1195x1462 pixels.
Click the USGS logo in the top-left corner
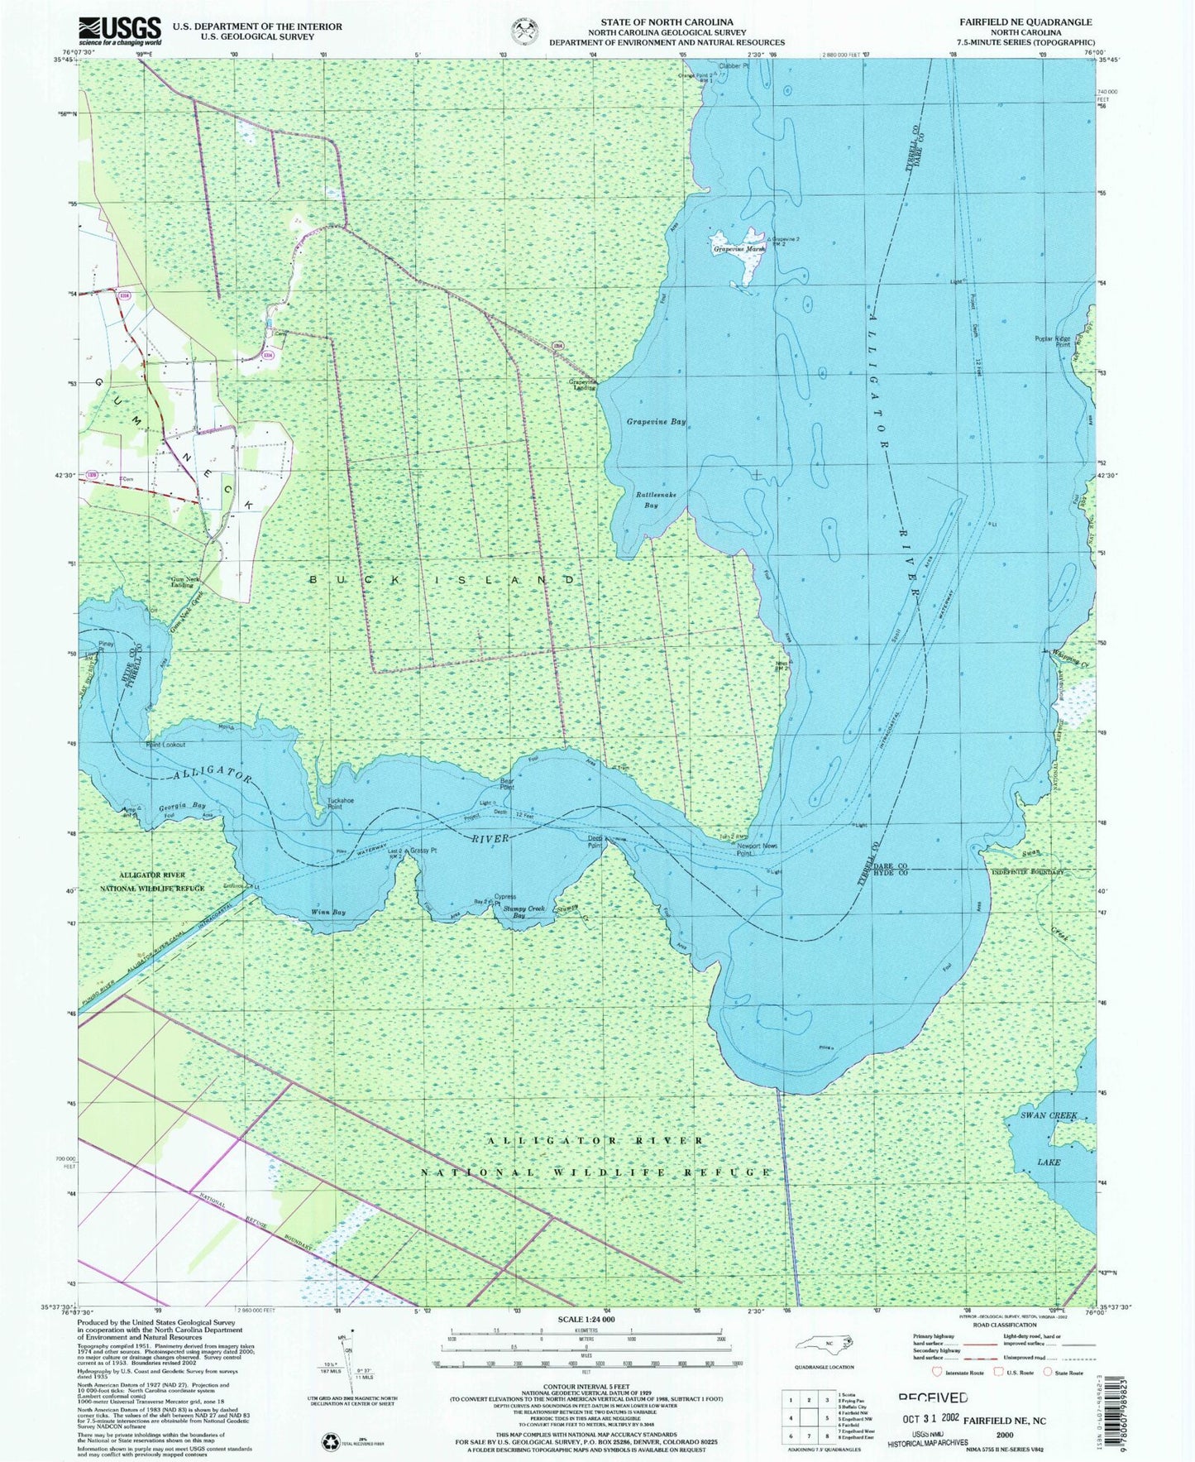point(119,31)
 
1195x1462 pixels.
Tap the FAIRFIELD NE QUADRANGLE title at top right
point(1038,22)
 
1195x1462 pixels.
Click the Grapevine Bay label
point(656,422)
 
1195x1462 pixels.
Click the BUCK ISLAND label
point(442,580)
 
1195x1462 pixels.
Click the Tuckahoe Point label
point(341,803)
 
